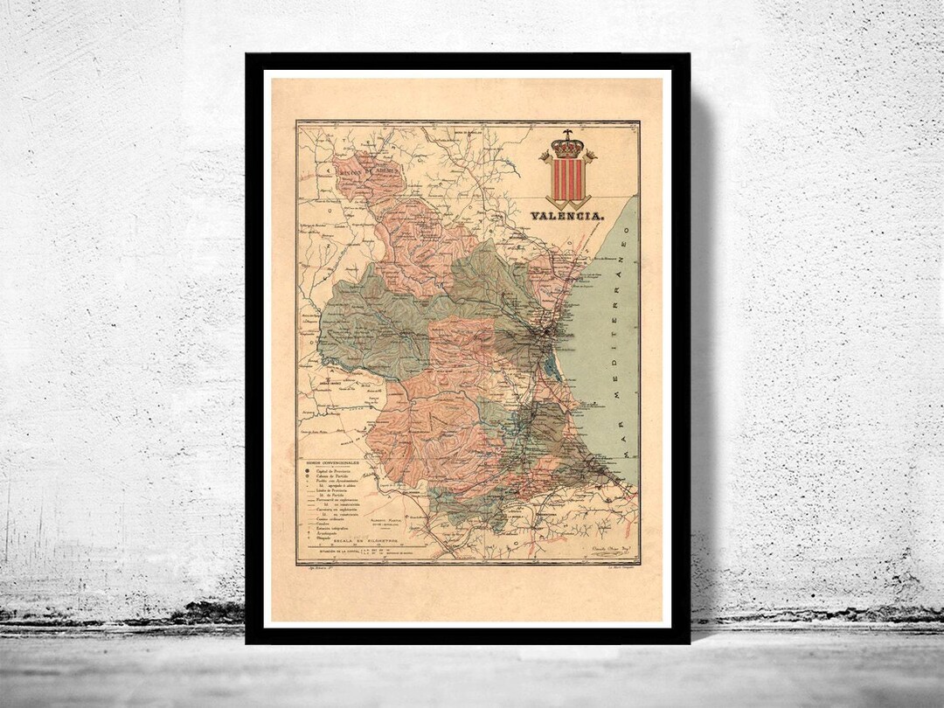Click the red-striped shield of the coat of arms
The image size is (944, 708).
coord(567,179)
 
